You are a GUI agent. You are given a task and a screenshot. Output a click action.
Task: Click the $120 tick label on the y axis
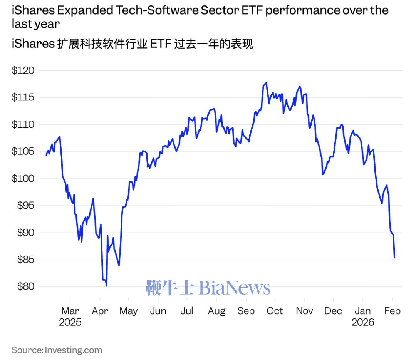click(23, 71)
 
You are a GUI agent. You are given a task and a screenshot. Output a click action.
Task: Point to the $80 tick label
click(24, 287)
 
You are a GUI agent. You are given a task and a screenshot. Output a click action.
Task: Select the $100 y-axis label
click(23, 179)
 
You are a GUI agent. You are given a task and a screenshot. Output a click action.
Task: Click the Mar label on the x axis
click(70, 311)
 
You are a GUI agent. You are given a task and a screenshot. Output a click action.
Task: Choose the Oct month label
click(275, 311)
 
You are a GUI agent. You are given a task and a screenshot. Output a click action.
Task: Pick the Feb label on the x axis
click(392, 311)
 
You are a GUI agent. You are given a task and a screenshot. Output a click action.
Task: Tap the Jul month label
click(187, 311)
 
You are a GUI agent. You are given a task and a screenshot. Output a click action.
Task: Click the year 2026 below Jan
click(362, 322)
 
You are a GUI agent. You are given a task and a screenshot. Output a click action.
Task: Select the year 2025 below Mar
click(70, 322)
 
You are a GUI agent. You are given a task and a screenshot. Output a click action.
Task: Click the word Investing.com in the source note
click(74, 350)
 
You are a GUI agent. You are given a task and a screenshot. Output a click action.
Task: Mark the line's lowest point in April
click(106, 286)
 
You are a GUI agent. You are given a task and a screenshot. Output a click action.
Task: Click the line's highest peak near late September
click(266, 82)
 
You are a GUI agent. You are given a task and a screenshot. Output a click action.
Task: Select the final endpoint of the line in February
click(394, 258)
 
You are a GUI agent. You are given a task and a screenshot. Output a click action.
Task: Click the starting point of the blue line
click(46, 156)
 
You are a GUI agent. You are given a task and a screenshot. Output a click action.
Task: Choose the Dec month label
click(333, 311)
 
